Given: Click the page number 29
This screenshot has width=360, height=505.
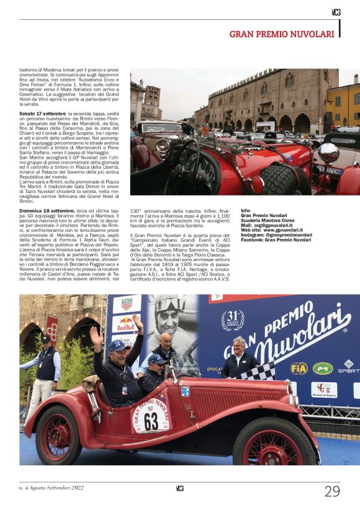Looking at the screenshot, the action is [332, 491].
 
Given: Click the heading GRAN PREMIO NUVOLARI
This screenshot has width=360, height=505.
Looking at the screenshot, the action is [282, 34].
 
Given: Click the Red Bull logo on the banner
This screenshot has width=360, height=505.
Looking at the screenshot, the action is [126, 323].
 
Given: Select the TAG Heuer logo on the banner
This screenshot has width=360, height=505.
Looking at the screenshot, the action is [127, 304].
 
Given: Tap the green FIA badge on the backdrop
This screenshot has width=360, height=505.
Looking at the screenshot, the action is [323, 368].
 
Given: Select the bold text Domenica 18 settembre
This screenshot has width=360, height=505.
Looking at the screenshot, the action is [47, 211].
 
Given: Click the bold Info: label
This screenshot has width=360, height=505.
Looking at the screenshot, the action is [246, 211].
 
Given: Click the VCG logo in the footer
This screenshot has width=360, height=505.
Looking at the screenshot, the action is [179, 489].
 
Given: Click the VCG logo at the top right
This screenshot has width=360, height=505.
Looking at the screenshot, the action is [336, 12].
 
